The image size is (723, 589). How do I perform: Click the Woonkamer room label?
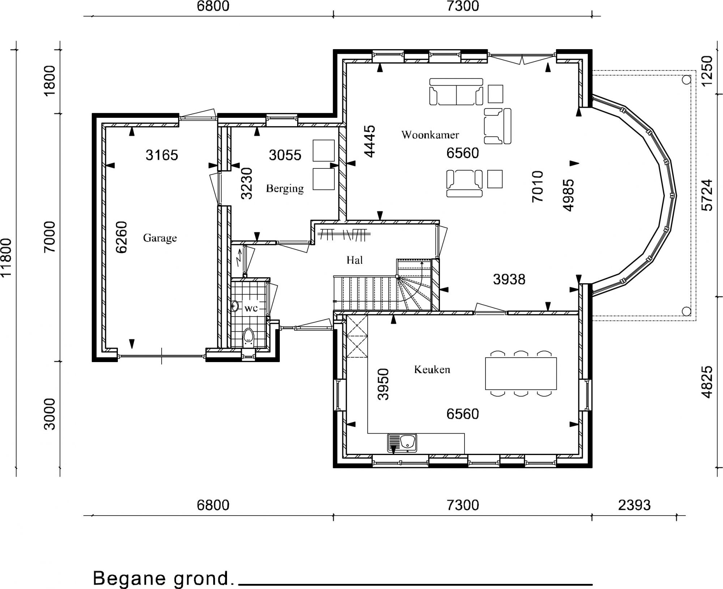(430, 135)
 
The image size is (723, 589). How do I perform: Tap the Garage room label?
(160, 238)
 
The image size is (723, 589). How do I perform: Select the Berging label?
(285, 189)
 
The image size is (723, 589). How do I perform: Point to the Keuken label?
(432, 369)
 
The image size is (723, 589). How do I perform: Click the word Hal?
(354, 260)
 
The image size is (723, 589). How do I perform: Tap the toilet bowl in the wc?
(248, 335)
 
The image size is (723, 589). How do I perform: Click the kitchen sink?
(402, 443)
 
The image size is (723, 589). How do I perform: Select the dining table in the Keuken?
(521, 374)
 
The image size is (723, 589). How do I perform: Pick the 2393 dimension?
(634, 505)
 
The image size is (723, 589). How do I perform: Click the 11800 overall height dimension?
(6, 258)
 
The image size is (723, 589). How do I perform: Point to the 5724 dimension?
(707, 195)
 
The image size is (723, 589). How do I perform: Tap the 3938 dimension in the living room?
(509, 279)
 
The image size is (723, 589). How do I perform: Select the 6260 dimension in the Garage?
(121, 237)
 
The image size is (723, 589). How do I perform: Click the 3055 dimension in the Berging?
(285, 155)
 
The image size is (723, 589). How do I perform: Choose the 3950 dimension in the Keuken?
(383, 384)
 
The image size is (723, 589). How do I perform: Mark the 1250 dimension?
(707, 71)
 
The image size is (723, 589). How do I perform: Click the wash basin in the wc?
(235, 306)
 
